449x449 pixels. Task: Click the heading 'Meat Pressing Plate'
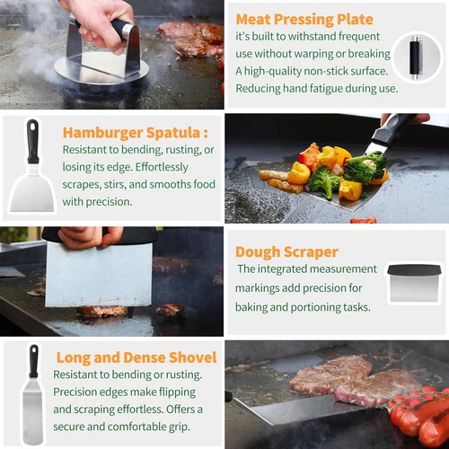[x=304, y=20]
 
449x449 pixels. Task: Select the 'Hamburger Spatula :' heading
[x=136, y=133]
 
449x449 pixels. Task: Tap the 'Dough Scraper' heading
[x=286, y=252]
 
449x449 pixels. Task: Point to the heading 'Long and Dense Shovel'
[x=136, y=357]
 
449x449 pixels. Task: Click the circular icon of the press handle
[x=417, y=57]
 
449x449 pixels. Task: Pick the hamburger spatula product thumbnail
[x=32, y=165]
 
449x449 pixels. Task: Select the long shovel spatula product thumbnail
[x=32, y=394]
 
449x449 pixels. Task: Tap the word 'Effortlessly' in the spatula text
[x=162, y=167]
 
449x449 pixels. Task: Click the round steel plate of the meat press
[x=101, y=69]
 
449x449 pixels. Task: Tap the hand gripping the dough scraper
[x=90, y=238]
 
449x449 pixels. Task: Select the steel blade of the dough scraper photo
[x=98, y=275]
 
